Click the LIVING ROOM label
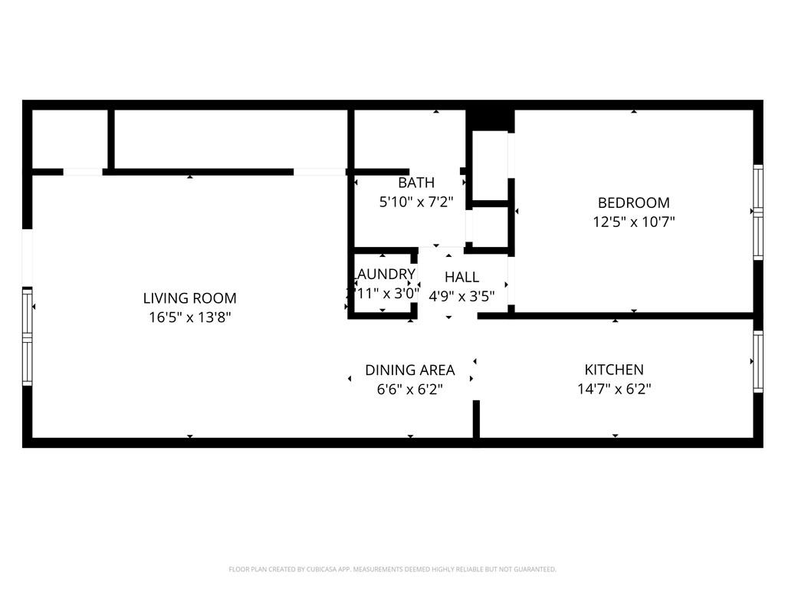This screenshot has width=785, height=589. point(189,298)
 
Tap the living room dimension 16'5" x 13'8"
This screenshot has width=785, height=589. point(189,317)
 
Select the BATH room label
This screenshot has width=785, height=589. point(416,183)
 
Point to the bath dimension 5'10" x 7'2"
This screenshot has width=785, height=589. point(416,202)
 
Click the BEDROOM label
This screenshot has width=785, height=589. point(633,202)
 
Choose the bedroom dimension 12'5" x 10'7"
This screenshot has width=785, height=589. point(633,222)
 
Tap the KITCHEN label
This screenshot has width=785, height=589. point(614,370)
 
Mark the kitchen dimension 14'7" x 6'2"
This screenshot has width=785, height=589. point(614,389)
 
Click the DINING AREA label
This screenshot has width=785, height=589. point(409,370)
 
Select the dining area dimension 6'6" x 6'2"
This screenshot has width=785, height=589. point(409,389)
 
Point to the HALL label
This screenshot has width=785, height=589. point(461,277)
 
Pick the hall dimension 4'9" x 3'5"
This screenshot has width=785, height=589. point(461,296)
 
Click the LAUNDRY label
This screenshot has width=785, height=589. point(384,274)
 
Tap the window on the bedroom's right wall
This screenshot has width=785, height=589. point(757,212)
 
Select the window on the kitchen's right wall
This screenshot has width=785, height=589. point(757,360)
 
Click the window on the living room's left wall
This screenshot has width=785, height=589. point(28,337)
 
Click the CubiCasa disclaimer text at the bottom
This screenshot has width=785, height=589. point(392,569)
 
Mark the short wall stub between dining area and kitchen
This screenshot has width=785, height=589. point(475,419)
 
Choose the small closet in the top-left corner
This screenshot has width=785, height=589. point(70,139)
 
